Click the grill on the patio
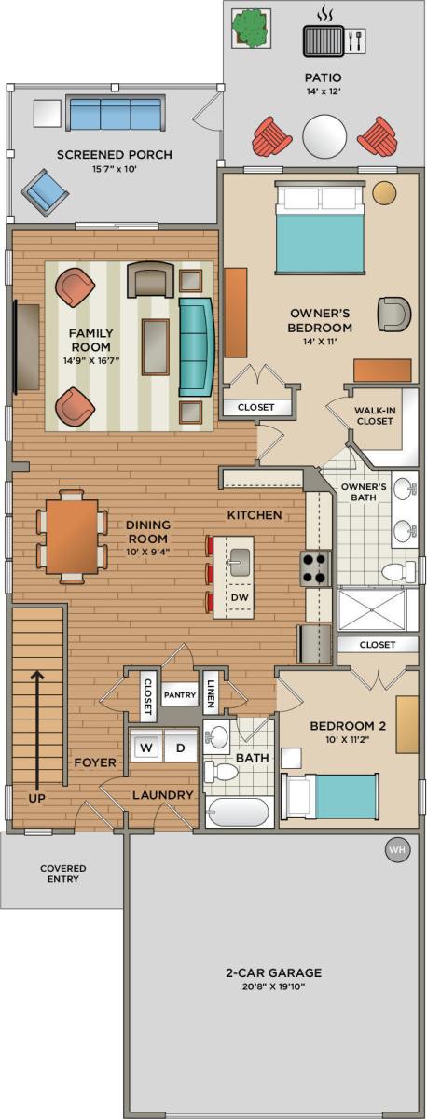click(324, 41)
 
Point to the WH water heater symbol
click(396, 849)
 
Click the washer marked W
click(146, 747)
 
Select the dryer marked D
click(180, 747)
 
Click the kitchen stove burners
click(314, 567)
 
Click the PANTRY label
click(179, 695)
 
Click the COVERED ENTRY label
click(62, 874)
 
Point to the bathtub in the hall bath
click(238, 812)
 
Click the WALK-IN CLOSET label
click(376, 415)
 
